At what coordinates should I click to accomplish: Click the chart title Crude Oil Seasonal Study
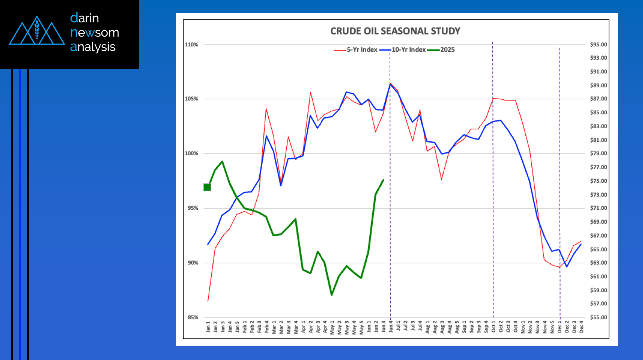395,31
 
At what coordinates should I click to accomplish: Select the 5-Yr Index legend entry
352,50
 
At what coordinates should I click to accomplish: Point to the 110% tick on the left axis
192,45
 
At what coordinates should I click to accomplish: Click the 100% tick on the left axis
192,154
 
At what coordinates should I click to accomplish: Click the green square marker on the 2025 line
207,187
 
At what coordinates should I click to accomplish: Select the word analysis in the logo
93,47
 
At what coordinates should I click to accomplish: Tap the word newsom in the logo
95,33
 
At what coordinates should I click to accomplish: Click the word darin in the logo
86,19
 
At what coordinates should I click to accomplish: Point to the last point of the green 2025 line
383,180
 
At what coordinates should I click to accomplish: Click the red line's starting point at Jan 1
208,301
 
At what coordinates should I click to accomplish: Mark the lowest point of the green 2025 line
331,295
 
